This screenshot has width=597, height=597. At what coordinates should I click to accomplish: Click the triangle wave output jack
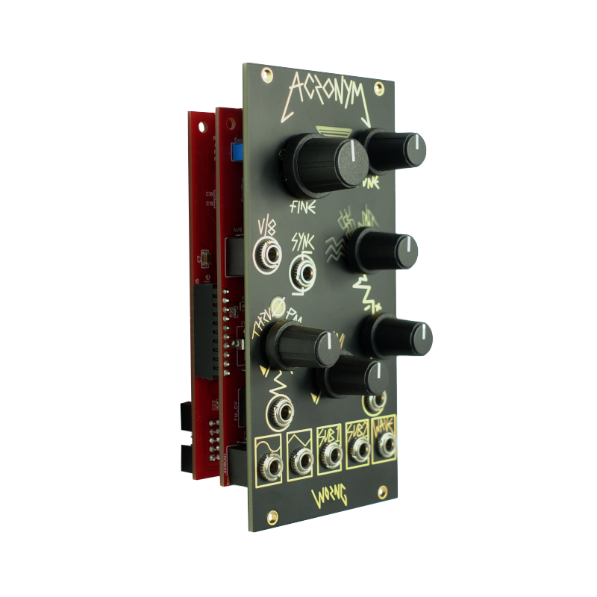point(298,460)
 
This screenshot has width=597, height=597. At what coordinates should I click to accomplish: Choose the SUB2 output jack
point(359,450)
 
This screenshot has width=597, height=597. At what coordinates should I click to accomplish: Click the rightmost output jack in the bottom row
point(386,446)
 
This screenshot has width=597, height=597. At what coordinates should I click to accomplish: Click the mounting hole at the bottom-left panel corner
point(273,516)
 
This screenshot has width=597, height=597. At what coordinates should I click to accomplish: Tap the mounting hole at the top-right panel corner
point(381,91)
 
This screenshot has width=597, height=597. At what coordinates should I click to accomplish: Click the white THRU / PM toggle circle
point(281,306)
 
